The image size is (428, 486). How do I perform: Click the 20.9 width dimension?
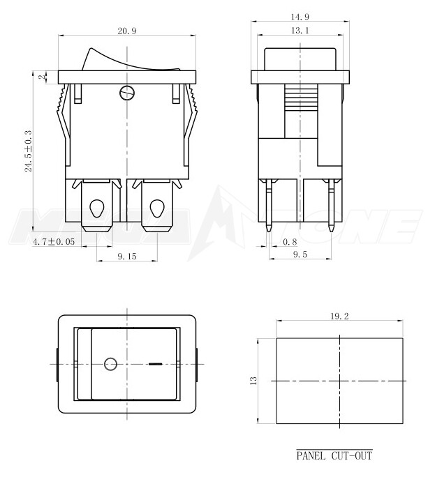126,31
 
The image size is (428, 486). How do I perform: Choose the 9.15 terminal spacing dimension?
126,257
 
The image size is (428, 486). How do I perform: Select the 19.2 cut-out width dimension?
340,316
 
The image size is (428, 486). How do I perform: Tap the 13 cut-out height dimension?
254,380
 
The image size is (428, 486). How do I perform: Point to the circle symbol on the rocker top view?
110,363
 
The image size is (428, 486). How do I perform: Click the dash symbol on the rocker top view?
156,364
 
